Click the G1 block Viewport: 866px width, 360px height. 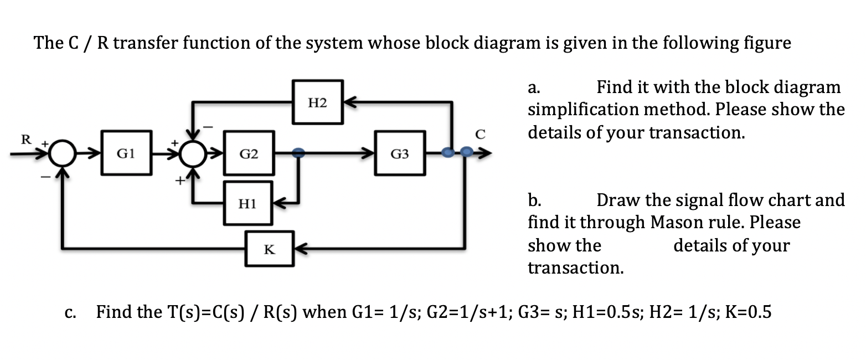click(x=128, y=153)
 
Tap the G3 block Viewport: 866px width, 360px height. click(x=399, y=153)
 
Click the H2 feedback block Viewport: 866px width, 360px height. click(x=318, y=103)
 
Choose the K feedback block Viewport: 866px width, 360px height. click(x=270, y=249)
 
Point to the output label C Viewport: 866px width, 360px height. click(x=480, y=133)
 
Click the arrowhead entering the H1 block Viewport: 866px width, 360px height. click(x=280, y=203)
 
